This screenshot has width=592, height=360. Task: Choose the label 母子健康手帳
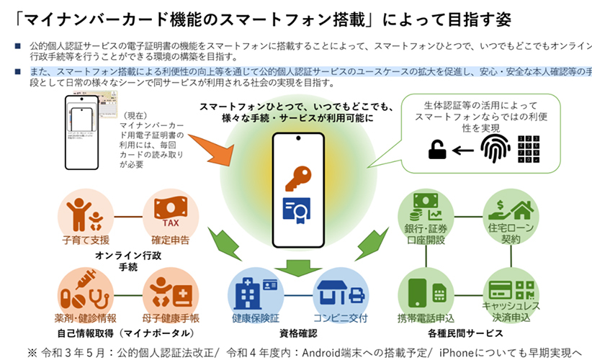coord(171,318)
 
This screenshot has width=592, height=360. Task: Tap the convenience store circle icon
coord(341,291)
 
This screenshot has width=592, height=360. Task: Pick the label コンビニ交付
coord(341,318)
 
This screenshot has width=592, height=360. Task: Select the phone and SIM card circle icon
coord(426,291)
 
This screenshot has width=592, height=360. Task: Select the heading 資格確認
coord(297,333)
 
